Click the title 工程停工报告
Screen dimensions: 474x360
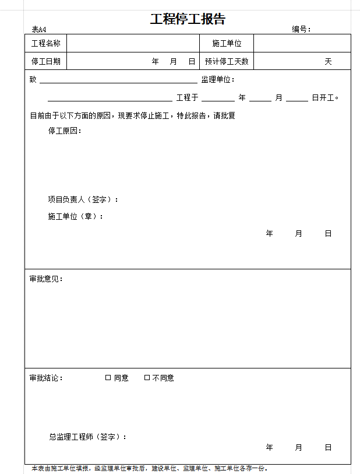[188, 19]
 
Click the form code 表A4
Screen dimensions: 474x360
[39, 30]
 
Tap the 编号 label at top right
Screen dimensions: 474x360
[301, 30]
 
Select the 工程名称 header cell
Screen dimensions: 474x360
[46, 44]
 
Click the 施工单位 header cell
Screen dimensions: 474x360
[227, 44]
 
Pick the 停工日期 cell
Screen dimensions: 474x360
[46, 61]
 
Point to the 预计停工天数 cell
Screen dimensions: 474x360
[227, 61]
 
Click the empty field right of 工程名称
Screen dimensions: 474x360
[133, 44]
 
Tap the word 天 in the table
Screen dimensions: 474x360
[328, 61]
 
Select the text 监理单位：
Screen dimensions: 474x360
[218, 80]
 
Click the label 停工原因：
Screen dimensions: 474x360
[65, 131]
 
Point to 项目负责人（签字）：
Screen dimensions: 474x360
[83, 199]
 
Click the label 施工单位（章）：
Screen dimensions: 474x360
[76, 216]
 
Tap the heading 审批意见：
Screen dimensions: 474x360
[46, 279]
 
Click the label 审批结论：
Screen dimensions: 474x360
[46, 378]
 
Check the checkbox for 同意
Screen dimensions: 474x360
[108, 378]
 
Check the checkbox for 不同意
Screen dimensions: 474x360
[147, 378]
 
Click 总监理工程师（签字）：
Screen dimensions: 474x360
[88, 437]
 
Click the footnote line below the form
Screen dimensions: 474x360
[150, 468]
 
